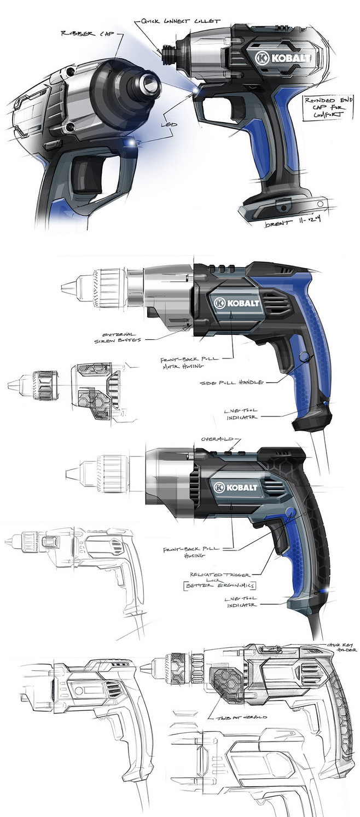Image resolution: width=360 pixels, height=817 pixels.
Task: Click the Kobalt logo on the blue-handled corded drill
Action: tap(239, 302)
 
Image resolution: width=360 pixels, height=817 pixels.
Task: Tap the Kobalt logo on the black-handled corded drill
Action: tap(239, 486)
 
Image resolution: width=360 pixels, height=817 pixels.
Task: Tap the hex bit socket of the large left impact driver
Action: tap(147, 84)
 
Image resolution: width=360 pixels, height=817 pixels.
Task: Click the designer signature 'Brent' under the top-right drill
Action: tap(278, 224)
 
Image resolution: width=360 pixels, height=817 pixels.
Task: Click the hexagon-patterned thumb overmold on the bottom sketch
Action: tap(224, 683)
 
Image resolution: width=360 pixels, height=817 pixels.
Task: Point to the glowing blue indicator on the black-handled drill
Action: tap(327, 591)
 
